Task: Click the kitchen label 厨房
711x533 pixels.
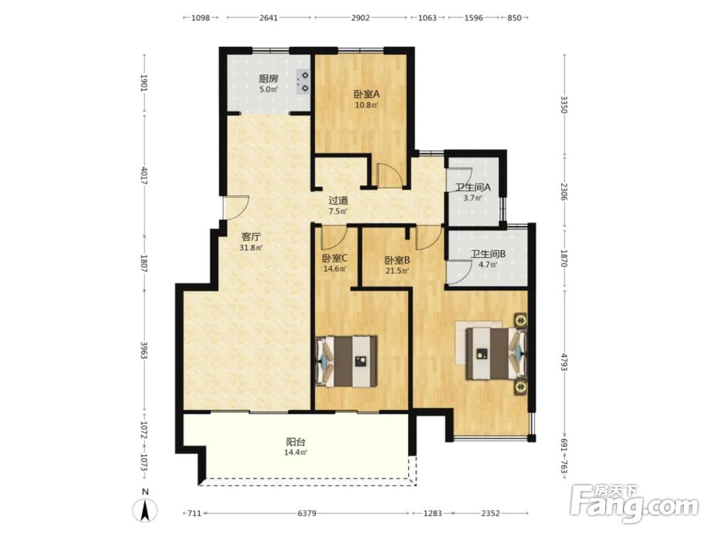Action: [269, 78]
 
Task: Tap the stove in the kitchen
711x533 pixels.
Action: [304, 82]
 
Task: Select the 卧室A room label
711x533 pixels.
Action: [366, 95]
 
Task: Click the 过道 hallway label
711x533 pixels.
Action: [338, 200]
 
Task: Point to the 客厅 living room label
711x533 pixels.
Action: [251, 237]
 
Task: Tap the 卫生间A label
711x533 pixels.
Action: [473, 187]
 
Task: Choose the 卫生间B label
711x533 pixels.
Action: [488, 254]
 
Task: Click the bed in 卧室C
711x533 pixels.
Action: [347, 362]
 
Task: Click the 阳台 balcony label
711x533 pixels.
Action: [296, 441]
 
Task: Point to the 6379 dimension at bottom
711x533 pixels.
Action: [307, 513]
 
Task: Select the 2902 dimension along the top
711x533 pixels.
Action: [360, 18]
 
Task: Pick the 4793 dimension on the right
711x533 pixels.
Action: [564, 362]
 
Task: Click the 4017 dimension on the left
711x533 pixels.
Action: [144, 176]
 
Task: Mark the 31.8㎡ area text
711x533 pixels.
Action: [251, 248]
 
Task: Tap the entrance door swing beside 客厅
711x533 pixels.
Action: [236, 208]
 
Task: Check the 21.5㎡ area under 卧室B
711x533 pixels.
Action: [397, 271]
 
